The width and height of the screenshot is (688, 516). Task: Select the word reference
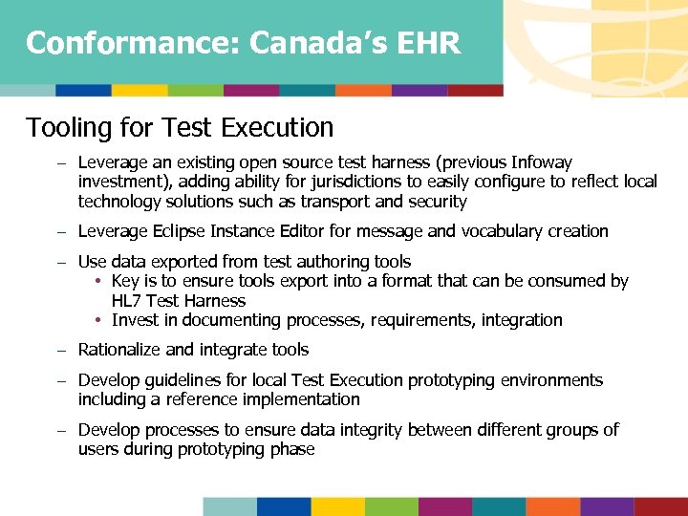(x=205, y=399)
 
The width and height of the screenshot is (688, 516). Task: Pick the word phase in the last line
(x=292, y=449)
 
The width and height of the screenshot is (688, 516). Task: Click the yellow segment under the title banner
(x=140, y=90)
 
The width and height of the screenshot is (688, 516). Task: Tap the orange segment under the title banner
(x=363, y=90)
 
